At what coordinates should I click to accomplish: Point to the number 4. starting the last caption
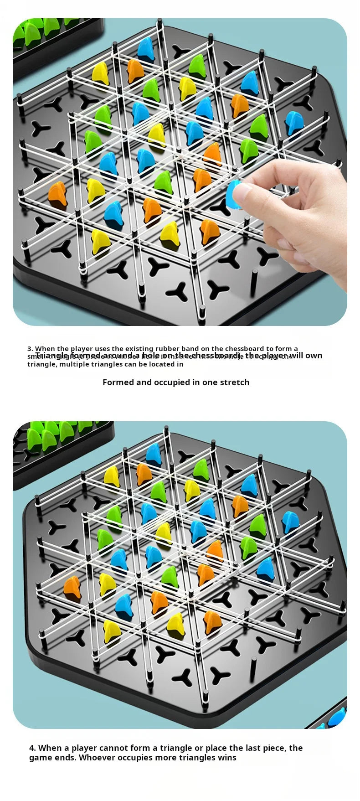(x=32, y=748)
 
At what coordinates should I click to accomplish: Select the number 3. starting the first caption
(x=30, y=349)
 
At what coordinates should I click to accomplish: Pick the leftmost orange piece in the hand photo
(x=58, y=193)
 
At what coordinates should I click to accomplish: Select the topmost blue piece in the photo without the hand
(x=153, y=454)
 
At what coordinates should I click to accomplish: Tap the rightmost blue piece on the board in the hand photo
(x=294, y=123)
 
